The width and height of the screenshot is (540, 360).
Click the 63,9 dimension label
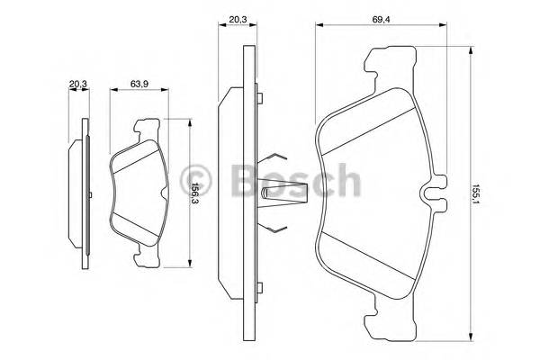click(139, 84)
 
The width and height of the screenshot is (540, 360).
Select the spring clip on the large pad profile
click(280, 192)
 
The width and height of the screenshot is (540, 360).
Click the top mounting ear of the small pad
click(145, 128)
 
